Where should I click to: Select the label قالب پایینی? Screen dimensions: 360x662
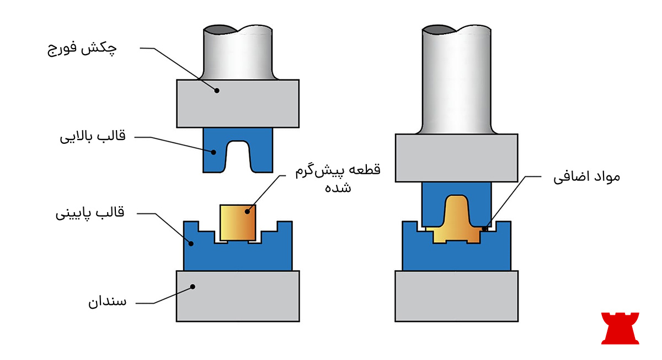pos(90,213)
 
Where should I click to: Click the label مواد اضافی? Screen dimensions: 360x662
pos(587,178)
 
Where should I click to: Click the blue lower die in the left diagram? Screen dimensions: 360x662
pos(237,256)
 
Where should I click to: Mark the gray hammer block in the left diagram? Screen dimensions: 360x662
pos(238,104)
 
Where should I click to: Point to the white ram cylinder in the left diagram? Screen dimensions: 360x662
pos(237,52)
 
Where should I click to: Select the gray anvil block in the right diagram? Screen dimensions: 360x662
pos(457,295)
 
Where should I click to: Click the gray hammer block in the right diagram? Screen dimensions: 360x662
pos(456,158)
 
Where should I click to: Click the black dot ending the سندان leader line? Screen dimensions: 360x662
pos(193,286)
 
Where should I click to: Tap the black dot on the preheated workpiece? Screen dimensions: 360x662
pos(248,209)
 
